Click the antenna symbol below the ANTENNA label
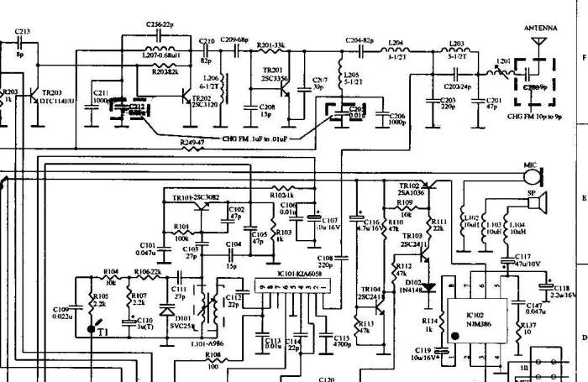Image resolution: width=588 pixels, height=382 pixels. [538, 39]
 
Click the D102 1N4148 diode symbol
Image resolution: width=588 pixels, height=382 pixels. [430, 286]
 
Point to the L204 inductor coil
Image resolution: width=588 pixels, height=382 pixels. [395, 49]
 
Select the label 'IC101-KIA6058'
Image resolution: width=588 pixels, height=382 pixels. [295, 272]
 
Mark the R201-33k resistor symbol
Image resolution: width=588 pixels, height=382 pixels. [270, 50]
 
